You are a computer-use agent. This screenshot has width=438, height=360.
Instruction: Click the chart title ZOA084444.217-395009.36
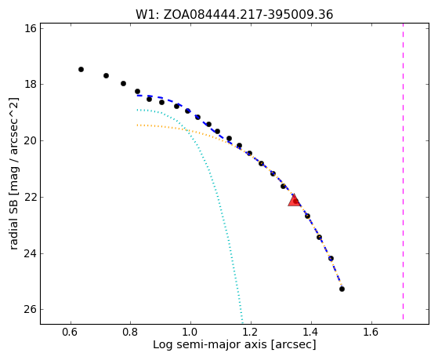pyautogui.click(x=248, y=15)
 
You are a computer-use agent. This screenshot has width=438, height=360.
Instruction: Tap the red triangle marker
pyautogui.click(x=294, y=200)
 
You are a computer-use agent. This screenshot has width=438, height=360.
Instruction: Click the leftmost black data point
pyautogui.click(x=81, y=69)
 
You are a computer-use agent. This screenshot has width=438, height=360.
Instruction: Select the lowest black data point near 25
pyautogui.click(x=342, y=289)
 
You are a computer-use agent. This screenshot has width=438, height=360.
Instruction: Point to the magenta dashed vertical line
pyautogui.click(x=403, y=171)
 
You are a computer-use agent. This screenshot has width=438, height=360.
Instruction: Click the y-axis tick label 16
pyautogui.click(x=31, y=28)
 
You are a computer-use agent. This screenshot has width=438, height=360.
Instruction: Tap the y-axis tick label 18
pyautogui.click(x=31, y=84)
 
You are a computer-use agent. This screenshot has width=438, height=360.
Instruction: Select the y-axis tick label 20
pyautogui.click(x=31, y=140)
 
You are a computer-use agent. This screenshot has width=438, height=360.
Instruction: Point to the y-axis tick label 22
pyautogui.click(x=31, y=197)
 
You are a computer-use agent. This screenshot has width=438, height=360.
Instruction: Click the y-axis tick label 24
pyautogui.click(x=31, y=253)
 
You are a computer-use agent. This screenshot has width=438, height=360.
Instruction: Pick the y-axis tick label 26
pyautogui.click(x=31, y=309)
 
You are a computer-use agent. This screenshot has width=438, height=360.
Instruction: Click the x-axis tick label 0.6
pyautogui.click(x=71, y=332)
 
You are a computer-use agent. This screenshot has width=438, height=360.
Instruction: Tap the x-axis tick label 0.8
pyautogui.click(x=130, y=332)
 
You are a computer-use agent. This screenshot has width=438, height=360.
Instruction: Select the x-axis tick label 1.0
pyautogui.click(x=190, y=332)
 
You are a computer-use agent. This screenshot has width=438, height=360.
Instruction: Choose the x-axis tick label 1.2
pyautogui.click(x=251, y=332)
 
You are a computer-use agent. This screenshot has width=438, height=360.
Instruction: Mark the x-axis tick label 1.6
pyautogui.click(x=371, y=332)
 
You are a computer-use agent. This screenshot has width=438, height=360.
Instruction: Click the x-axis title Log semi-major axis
pyautogui.click(x=210, y=344)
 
